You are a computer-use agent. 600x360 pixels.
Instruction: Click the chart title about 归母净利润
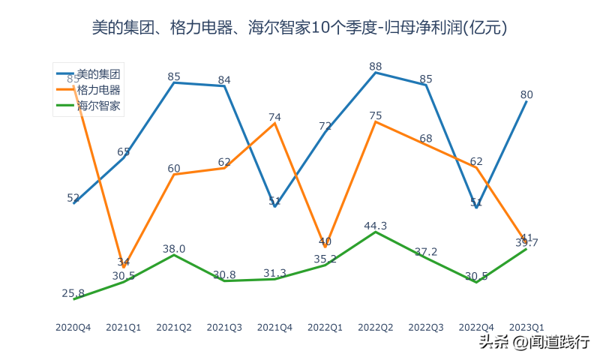click(300, 28)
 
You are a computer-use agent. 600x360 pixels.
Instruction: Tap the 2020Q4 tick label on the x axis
click(73, 328)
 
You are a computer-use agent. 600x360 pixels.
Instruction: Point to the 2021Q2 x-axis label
click(174, 328)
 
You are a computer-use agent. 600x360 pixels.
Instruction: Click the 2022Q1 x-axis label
click(325, 328)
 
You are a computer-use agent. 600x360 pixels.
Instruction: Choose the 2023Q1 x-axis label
click(526, 328)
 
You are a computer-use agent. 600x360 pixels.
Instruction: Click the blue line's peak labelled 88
click(376, 73)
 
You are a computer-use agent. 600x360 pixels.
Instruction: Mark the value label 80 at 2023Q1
click(526, 94)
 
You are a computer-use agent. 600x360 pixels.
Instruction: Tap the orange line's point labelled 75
click(376, 121)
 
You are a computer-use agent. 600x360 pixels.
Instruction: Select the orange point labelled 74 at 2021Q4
click(275, 123)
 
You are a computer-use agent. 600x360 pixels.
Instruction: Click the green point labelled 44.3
click(376, 232)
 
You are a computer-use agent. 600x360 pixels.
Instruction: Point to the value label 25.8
click(73, 293)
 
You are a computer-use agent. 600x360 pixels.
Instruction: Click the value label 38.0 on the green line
click(174, 249)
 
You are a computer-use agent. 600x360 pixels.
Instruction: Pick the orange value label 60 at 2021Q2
click(174, 168)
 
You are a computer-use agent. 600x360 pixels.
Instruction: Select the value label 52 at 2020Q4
click(73, 198)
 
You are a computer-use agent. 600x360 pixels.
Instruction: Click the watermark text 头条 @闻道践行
click(534, 342)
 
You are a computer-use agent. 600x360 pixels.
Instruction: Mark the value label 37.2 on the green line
click(426, 252)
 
